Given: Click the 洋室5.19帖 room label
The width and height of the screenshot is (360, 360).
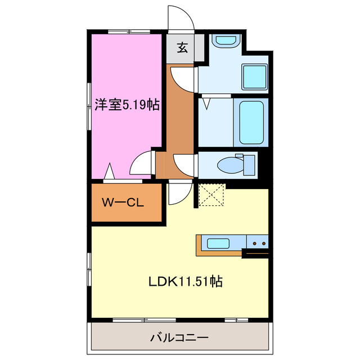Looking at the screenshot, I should pyautogui.click(x=127, y=105).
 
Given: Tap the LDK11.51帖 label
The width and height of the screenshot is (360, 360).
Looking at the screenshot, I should pyautogui.click(x=185, y=281).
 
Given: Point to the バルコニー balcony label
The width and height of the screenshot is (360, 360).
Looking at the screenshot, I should pyautogui.click(x=179, y=338).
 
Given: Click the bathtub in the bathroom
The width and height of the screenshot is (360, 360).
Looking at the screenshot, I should pyautogui.click(x=250, y=122).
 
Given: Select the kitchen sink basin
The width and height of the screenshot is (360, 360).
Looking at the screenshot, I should pyautogui.click(x=217, y=244).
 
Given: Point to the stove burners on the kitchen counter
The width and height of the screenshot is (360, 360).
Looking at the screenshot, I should pyautogui.click(x=259, y=243).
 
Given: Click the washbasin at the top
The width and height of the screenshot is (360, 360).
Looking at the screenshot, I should pyautogui.click(x=225, y=40).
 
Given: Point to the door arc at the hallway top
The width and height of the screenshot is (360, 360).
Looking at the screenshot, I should pyautogui.click(x=183, y=77).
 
